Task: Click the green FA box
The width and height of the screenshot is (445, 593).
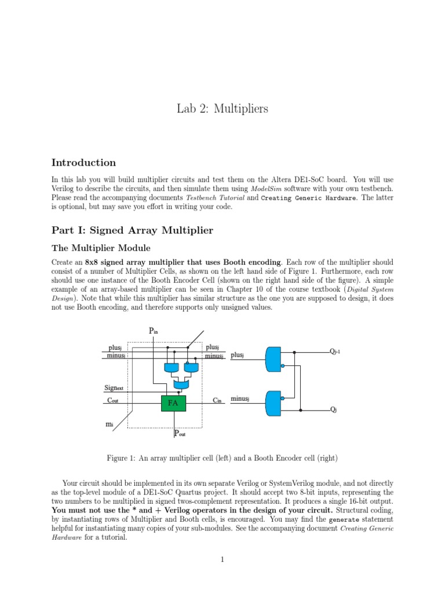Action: [x=173, y=403]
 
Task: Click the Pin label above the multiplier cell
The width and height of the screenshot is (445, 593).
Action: [x=154, y=331]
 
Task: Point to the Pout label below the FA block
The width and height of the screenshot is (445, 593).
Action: [x=180, y=434]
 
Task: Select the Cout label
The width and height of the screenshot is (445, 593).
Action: [x=114, y=400]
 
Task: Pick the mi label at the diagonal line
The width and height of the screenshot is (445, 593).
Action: [x=110, y=424]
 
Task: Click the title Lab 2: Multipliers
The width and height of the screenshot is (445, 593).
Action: [x=222, y=109]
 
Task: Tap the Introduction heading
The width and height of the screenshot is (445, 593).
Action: [x=83, y=163]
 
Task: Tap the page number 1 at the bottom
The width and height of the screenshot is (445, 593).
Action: [x=222, y=559]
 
